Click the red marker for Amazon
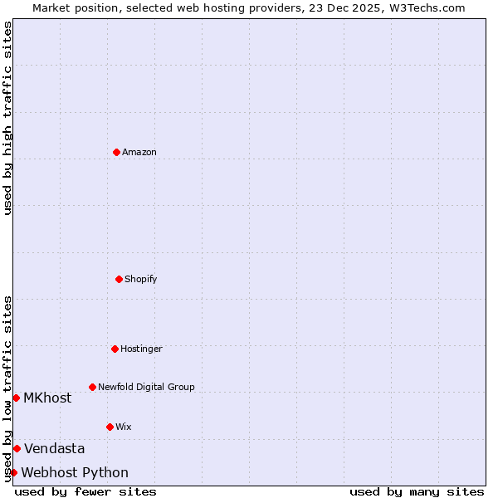point(116,152)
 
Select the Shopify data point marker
point(119,279)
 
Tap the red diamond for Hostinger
point(115,349)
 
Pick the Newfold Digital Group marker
point(92,387)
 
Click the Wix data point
point(110,427)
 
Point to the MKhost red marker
point(16,398)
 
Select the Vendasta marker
point(17,448)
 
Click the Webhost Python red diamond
point(13,472)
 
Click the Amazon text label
point(139,152)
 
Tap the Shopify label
point(141,279)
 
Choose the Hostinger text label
point(141,349)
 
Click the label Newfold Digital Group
point(146,387)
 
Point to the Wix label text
point(124,427)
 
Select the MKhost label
point(47,398)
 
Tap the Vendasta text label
point(54,448)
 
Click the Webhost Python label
point(75,472)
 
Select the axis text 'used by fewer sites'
point(85,491)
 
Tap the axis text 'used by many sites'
point(417,491)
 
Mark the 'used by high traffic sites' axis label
point(7,118)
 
